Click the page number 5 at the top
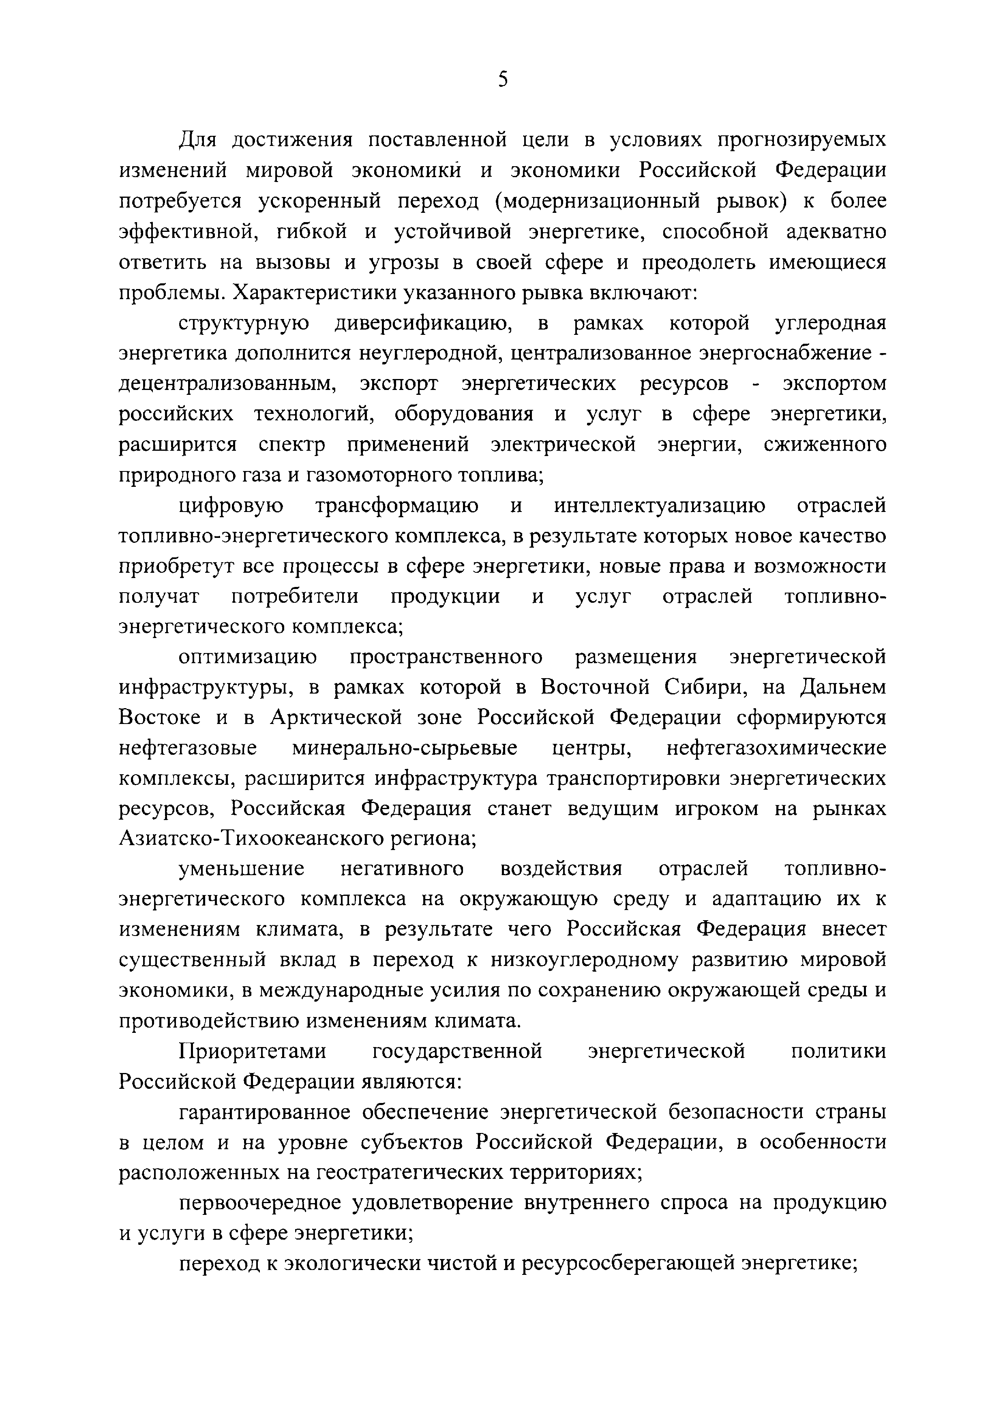pyautogui.click(x=502, y=79)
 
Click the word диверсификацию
pyautogui.click(x=422, y=323)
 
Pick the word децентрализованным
pyautogui.click(x=227, y=384)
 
